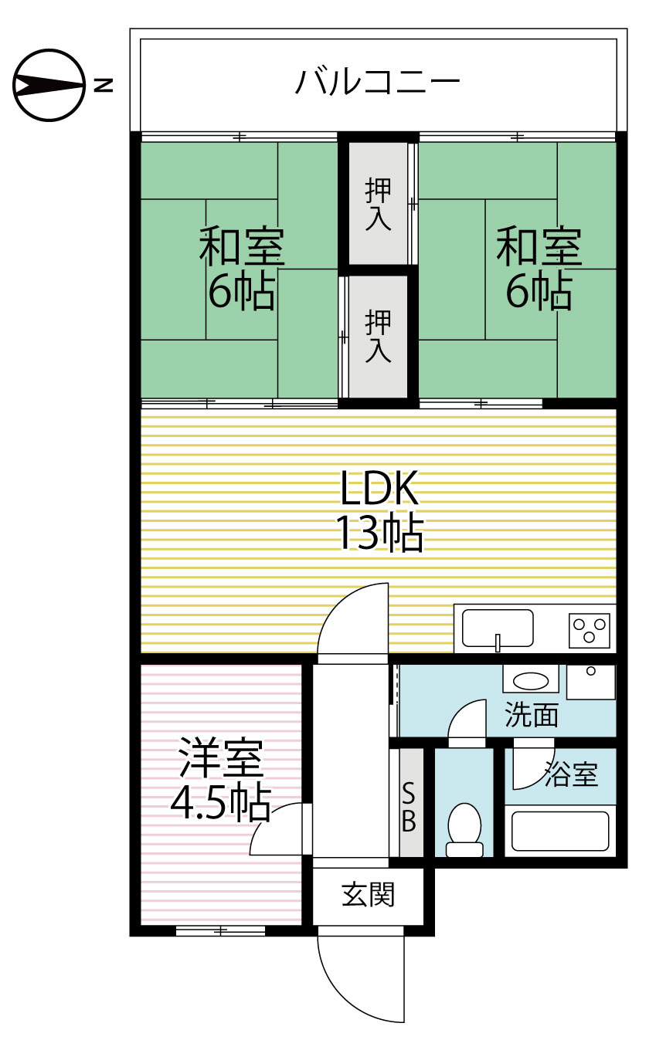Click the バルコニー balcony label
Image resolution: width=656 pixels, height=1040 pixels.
[x=377, y=81]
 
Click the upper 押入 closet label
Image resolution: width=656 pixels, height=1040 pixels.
[x=378, y=204]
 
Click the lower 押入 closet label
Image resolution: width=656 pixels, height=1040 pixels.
[x=378, y=336]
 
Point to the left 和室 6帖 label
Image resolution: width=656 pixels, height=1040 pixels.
[x=241, y=268]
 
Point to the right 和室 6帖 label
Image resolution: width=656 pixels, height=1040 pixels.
[x=538, y=268]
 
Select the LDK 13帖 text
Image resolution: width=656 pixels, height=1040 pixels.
[x=379, y=510]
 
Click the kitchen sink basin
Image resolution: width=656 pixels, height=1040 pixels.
[x=498, y=628]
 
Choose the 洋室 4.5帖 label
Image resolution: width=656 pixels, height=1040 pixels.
[x=220, y=781]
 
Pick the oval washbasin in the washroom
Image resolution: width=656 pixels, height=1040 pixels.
[x=530, y=681]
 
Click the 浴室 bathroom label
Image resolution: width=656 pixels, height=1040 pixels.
[x=571, y=774]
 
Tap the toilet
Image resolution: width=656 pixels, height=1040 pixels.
[x=464, y=829]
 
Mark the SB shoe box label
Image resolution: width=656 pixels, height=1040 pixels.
[x=409, y=806]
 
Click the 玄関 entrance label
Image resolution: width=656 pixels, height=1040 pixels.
[x=369, y=895]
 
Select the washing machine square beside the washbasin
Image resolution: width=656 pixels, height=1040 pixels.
[x=591, y=681]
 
